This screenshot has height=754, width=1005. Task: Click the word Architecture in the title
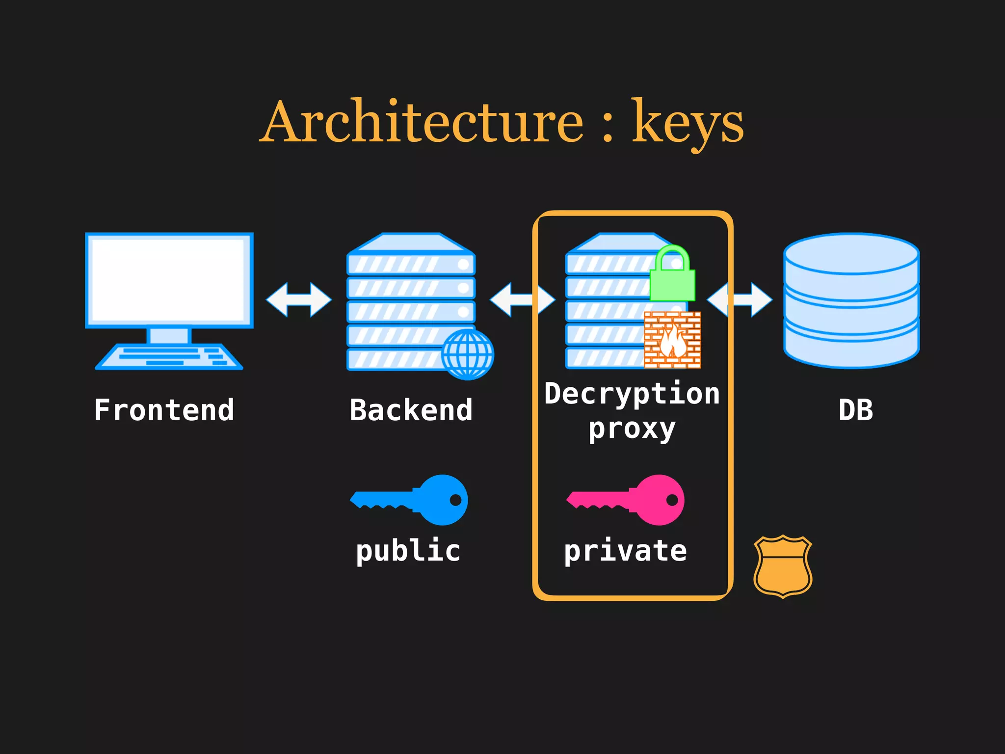tap(422, 122)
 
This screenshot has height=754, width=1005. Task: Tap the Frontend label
tap(164, 410)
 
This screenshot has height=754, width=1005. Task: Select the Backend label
tap(411, 410)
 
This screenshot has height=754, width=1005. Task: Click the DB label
tap(856, 410)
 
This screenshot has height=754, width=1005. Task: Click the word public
tap(408, 551)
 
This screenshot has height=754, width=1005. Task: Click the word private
tap(625, 551)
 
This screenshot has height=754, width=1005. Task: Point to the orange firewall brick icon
tap(672, 340)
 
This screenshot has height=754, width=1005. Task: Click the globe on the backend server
tap(467, 354)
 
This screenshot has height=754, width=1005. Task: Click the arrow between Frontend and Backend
tap(299, 299)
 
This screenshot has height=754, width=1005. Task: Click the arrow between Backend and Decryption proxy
tap(522, 299)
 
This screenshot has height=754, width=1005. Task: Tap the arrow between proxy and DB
tap(740, 299)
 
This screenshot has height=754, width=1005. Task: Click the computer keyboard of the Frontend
tap(169, 356)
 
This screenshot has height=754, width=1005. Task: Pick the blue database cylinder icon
tap(851, 300)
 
